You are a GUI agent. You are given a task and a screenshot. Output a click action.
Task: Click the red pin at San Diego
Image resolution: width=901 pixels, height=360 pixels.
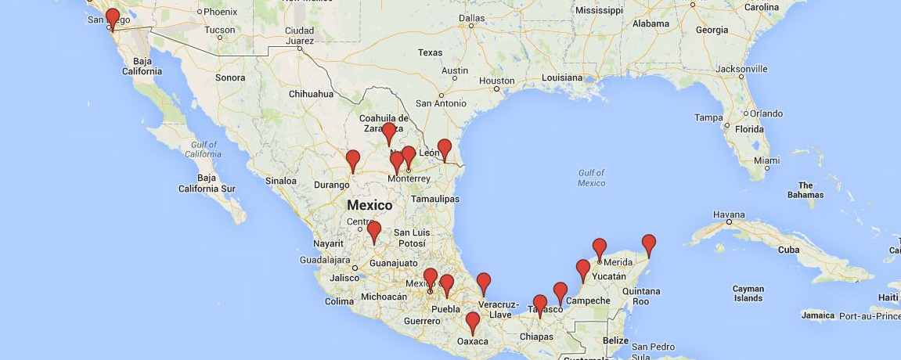[x=112, y=18]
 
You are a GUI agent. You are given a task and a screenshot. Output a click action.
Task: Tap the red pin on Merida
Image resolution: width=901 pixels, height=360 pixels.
[x=600, y=248]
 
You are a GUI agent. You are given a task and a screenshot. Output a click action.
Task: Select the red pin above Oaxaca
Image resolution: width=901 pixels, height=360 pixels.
[x=473, y=322]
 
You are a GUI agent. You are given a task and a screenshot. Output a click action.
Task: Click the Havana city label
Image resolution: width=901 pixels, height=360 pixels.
[x=728, y=214]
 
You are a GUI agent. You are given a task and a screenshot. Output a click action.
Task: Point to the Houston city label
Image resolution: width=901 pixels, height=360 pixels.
[x=497, y=81]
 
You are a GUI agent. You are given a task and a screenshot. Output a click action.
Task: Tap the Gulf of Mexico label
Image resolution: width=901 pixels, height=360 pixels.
[x=592, y=178]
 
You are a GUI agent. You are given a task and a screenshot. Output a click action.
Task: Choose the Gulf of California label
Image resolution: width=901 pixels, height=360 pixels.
[x=203, y=149]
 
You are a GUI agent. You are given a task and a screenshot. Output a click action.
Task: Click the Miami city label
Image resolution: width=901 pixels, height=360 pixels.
[x=766, y=160]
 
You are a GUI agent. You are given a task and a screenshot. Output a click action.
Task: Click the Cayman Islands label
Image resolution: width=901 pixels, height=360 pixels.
[x=748, y=293]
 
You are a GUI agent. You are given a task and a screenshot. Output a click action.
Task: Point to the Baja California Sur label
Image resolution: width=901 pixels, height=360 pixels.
[x=207, y=183]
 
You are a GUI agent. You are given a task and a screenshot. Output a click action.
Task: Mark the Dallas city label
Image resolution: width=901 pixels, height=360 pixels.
[x=471, y=17]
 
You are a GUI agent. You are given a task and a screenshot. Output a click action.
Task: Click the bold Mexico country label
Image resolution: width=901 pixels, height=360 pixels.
[x=369, y=205]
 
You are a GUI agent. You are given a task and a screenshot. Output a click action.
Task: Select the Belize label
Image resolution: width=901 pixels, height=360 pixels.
[x=616, y=340]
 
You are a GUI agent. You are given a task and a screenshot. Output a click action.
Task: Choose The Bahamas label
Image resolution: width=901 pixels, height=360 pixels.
[x=805, y=190]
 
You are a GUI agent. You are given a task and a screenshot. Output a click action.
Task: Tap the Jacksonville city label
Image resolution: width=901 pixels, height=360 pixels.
[x=741, y=69]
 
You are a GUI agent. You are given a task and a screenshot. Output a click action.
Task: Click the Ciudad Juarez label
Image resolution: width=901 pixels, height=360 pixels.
[x=300, y=36]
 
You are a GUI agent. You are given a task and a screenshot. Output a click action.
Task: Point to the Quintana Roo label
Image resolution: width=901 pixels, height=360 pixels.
[x=641, y=296]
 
